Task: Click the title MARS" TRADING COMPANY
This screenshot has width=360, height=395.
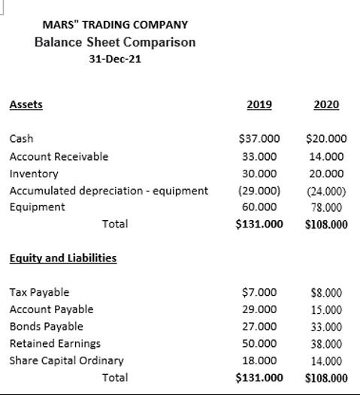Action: tap(115, 25)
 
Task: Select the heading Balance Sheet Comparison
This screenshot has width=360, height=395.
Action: tap(115, 42)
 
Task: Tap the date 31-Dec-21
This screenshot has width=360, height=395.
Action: tap(114, 59)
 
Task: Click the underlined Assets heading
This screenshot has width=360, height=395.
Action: tap(26, 104)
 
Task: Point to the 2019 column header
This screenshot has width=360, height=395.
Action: tap(259, 104)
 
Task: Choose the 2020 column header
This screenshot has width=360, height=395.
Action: tap(326, 104)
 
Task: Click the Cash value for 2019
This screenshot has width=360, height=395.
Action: tap(259, 139)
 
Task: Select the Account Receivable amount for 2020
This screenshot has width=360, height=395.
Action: tap(326, 157)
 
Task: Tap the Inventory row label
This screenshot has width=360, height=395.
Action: tap(34, 173)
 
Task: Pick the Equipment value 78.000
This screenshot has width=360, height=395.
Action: tap(326, 207)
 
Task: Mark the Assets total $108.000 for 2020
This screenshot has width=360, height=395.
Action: tap(326, 224)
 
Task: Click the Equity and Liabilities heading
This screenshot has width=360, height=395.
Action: tap(62, 258)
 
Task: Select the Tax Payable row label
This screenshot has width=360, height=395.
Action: tap(39, 292)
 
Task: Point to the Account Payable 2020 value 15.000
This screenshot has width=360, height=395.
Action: tap(326, 309)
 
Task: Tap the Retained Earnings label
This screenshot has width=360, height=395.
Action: tap(55, 343)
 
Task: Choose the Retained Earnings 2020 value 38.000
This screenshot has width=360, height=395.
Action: tap(326, 344)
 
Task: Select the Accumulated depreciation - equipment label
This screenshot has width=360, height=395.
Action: tap(108, 191)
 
